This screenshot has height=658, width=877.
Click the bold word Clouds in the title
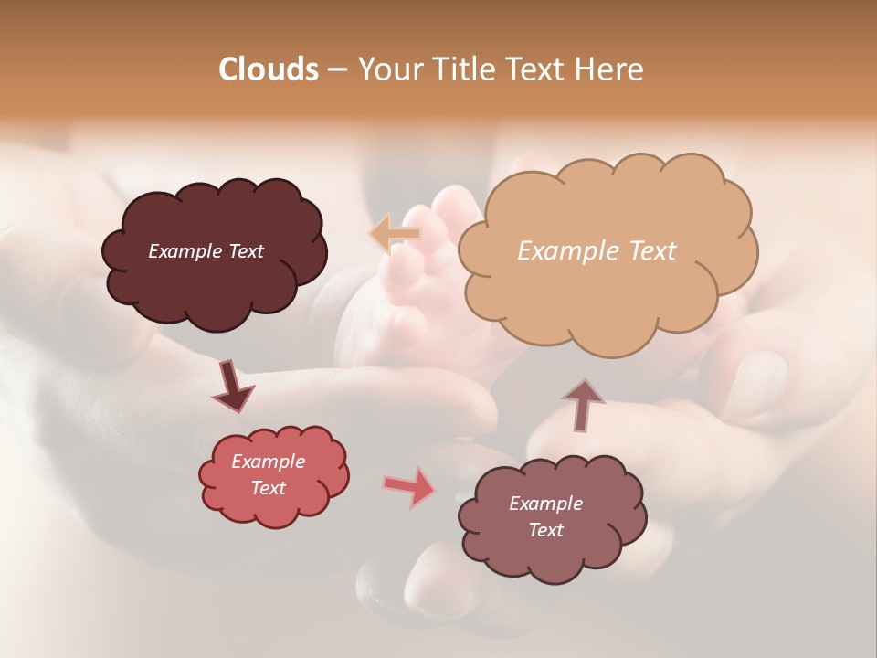pyautogui.click(x=269, y=69)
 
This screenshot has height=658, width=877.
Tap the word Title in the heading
pyautogui.click(x=465, y=69)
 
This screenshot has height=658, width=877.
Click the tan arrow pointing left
pyautogui.click(x=394, y=233)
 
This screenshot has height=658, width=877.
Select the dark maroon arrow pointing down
pyautogui.click(x=233, y=386)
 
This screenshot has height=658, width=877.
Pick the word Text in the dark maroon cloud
pyautogui.click(x=245, y=251)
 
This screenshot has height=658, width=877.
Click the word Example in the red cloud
pyautogui.click(x=269, y=462)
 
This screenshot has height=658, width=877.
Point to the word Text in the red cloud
pyautogui.click(x=269, y=488)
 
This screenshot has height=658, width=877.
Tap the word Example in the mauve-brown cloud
pyautogui.click(x=546, y=504)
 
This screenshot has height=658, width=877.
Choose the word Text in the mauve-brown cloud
pyautogui.click(x=546, y=530)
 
